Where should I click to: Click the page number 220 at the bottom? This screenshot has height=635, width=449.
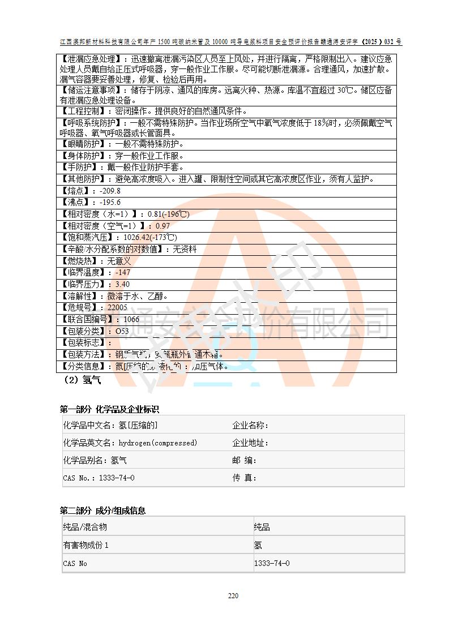click(x=233, y=595)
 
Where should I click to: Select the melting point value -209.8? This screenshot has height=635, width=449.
click(x=110, y=191)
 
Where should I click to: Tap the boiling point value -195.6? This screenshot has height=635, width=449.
click(x=110, y=202)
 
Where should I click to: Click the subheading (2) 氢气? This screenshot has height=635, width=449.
click(x=83, y=380)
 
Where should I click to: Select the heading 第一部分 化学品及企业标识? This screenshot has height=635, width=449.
click(x=109, y=409)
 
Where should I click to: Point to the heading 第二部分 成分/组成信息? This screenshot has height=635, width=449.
click(x=102, y=510)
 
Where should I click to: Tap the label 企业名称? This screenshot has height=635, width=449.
click(x=250, y=426)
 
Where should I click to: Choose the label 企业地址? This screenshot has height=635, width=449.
click(x=250, y=443)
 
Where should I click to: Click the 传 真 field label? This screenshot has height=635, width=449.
click(x=245, y=478)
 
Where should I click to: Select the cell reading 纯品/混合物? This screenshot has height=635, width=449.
click(x=85, y=527)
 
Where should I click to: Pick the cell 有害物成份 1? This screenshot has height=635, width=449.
click(x=85, y=545)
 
